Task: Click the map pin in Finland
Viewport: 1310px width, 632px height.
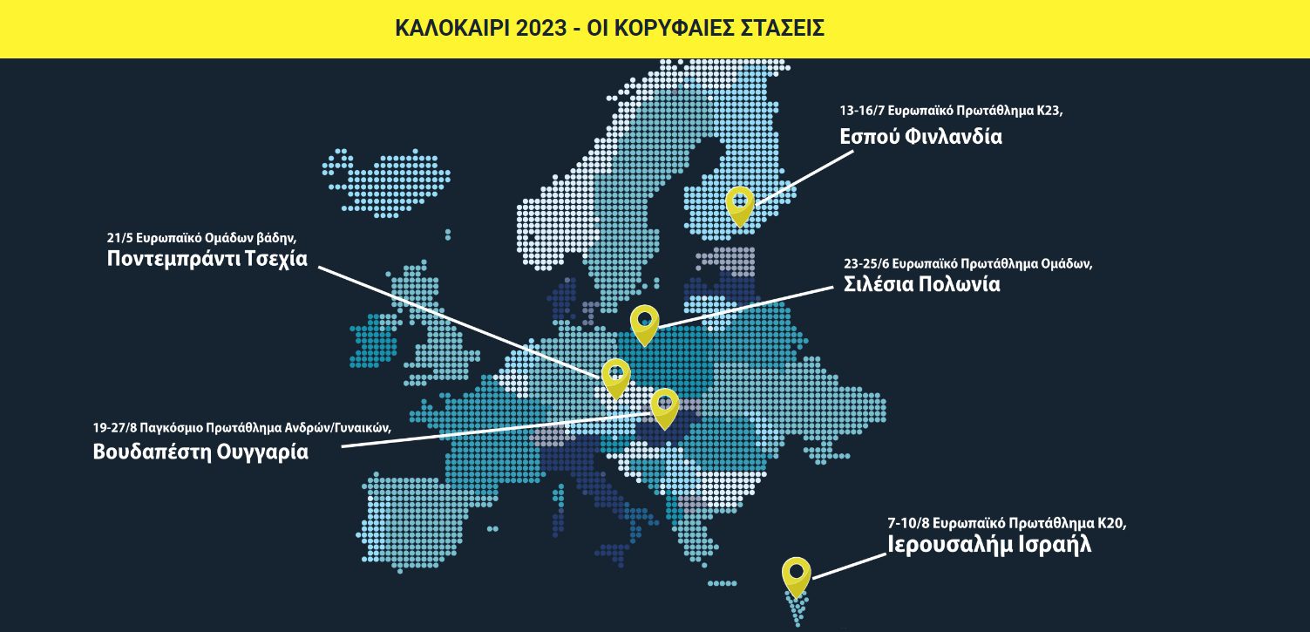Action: coord(739,204)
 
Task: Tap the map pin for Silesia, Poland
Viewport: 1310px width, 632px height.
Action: coord(644,323)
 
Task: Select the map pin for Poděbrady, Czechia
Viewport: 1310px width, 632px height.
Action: coord(615,376)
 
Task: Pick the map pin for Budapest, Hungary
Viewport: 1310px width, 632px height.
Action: coord(664,405)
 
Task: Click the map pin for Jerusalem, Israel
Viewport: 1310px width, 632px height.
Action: coord(796,574)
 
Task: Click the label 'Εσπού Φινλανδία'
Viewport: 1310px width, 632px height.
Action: coord(920,136)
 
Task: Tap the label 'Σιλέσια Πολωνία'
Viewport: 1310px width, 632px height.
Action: coord(922,284)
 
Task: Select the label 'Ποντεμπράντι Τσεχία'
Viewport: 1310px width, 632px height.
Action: coord(207,259)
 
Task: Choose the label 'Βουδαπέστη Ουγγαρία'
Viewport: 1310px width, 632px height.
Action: coord(200,452)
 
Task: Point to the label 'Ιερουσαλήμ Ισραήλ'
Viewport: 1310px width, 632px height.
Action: coord(988,545)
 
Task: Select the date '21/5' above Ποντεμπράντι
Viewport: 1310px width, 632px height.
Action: coord(119,237)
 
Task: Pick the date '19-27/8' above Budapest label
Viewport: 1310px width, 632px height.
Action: coord(114,428)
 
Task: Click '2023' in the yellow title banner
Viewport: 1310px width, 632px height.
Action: coord(539,28)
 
